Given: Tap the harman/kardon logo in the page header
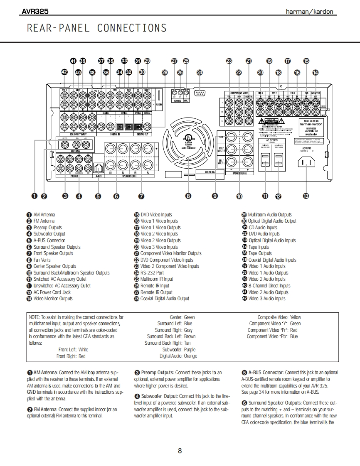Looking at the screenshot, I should [310, 12].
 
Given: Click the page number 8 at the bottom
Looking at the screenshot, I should [180, 451].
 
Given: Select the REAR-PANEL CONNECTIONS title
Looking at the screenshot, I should [96, 28].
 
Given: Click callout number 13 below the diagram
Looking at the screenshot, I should [306, 196].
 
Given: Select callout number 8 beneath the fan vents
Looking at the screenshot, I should [188, 196].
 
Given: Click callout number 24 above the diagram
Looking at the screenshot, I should [200, 73].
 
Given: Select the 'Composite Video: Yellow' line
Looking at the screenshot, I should [279, 317].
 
